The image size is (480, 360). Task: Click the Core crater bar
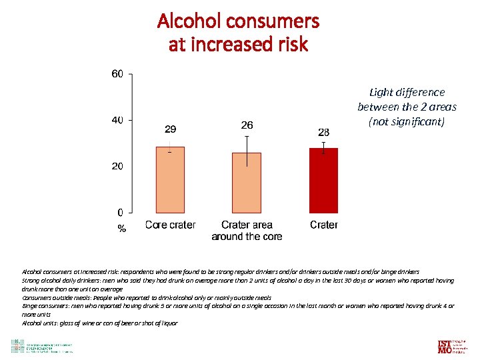(x=170, y=180)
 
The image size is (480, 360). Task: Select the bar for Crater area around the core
(x=247, y=183)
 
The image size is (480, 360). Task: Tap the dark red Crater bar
(x=323, y=181)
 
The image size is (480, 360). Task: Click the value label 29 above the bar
(x=170, y=129)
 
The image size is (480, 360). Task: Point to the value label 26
(x=247, y=125)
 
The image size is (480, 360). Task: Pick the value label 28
(x=323, y=133)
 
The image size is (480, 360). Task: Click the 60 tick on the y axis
(x=117, y=74)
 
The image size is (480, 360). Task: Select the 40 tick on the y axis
(x=117, y=120)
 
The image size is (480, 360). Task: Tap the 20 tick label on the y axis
(x=117, y=166)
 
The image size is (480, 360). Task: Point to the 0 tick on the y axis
(x=120, y=212)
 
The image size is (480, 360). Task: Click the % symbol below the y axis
(x=121, y=229)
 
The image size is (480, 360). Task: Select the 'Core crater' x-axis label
(x=170, y=225)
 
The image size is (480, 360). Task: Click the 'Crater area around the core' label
(x=247, y=231)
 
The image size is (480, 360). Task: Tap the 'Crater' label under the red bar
(x=323, y=225)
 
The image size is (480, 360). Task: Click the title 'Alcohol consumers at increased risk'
(x=238, y=33)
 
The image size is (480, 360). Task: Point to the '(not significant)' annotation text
(x=407, y=122)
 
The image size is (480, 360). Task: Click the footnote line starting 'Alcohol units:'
(x=100, y=323)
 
